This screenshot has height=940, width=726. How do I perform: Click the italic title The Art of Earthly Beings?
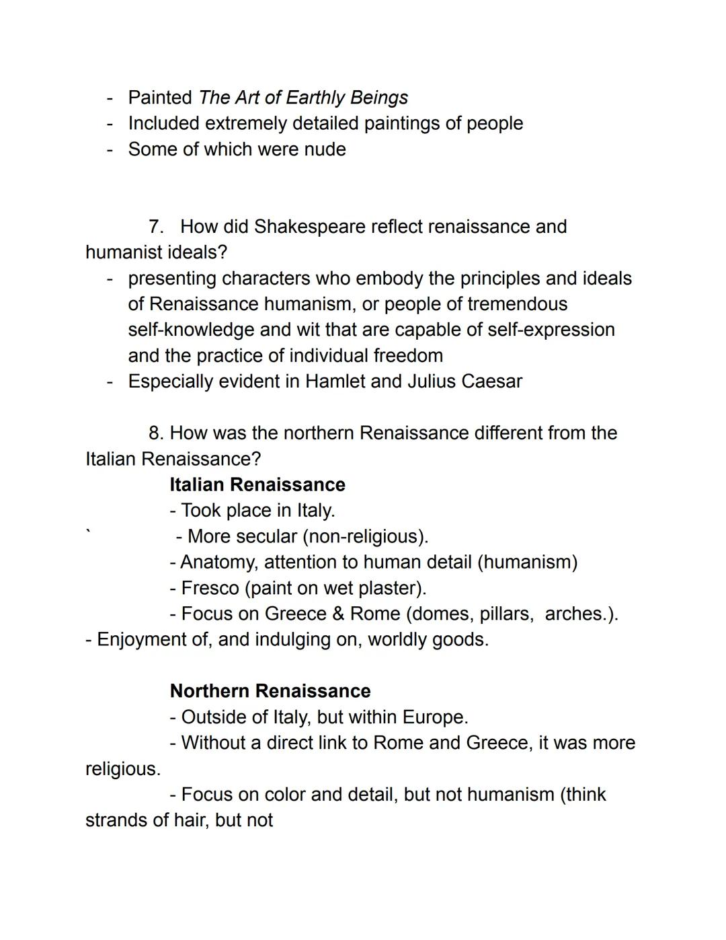tap(303, 98)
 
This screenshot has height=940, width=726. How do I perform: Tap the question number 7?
tap(156, 227)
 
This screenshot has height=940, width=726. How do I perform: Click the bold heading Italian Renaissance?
tap(257, 484)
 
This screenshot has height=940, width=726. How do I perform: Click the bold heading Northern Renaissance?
tap(270, 691)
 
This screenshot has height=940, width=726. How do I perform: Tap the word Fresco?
tap(210, 588)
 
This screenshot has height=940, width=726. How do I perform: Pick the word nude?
tap(324, 149)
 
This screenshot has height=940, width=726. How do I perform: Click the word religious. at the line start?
tap(123, 768)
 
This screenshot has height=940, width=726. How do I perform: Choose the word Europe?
tap(435, 717)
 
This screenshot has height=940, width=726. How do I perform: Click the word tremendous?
tap(517, 304)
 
